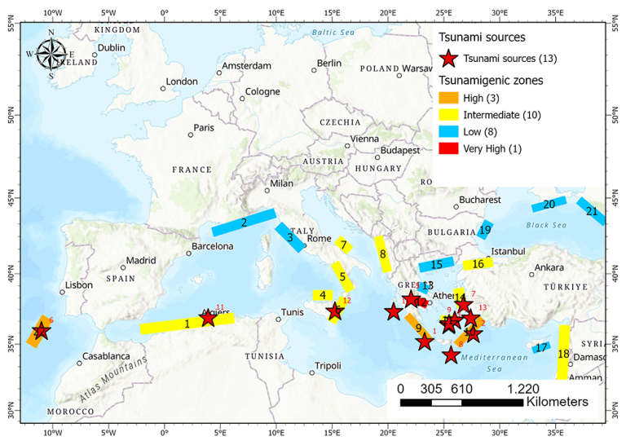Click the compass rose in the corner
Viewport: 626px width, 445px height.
[51, 54]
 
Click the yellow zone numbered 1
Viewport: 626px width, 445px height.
[187, 324]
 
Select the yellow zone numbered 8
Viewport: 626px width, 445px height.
[382, 254]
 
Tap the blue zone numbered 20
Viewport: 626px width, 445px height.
[548, 204]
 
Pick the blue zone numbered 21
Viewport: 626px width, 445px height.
[591, 211]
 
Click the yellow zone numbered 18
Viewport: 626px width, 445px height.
[563, 353]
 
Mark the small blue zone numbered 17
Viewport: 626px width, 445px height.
[541, 347]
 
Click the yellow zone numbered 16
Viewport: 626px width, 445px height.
[478, 264]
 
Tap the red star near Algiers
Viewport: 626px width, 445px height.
[208, 318]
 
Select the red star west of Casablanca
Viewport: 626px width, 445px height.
[40, 332]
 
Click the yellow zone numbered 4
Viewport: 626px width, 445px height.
[323, 295]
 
